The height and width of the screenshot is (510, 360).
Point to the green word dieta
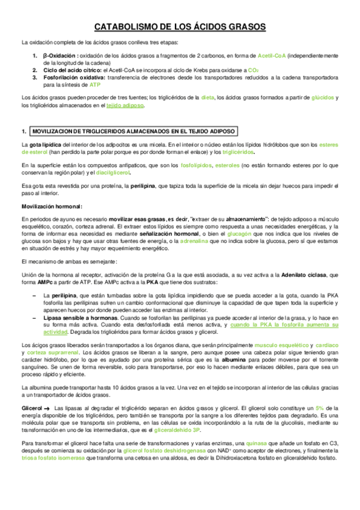(x=207, y=97)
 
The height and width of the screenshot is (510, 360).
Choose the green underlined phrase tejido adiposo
(x=125, y=105)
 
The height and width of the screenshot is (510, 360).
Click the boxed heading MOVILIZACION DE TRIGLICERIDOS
(x=134, y=131)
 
